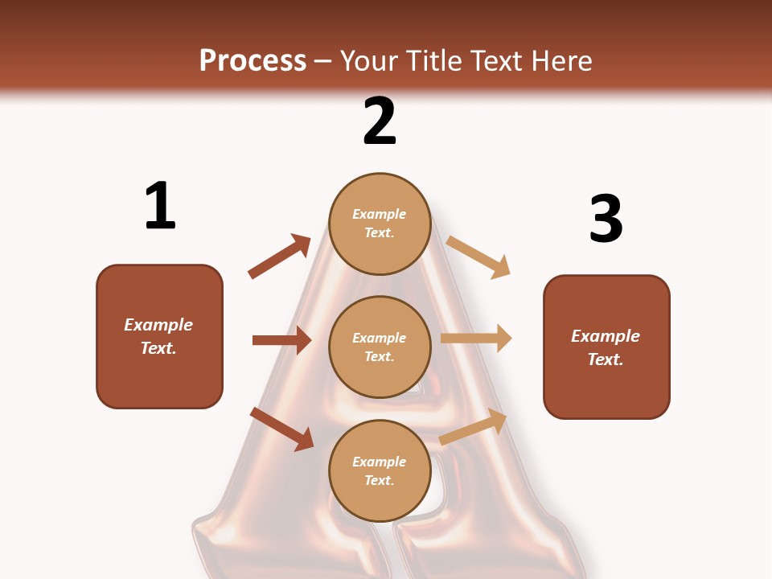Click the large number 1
160,206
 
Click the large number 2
380,121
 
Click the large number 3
606,219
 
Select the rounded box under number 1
159,336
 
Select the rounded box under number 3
606,347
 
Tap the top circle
380,224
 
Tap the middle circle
380,347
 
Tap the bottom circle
380,470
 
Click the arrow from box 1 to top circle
279,257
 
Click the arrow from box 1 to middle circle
281,340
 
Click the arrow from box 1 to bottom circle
281,428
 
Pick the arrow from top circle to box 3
478,257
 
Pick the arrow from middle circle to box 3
476,339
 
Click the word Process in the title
253,61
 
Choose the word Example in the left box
158,325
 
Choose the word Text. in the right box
606,359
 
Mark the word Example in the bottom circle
380,462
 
